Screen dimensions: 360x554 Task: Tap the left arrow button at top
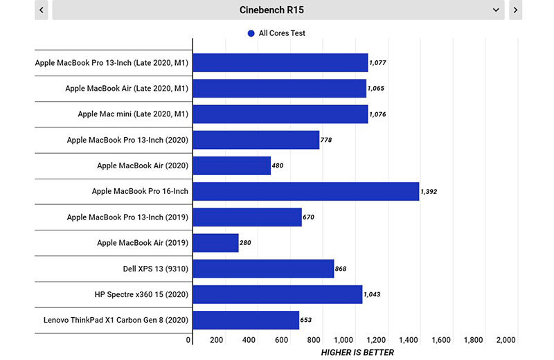(42, 10)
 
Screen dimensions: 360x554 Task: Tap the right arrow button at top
(515, 10)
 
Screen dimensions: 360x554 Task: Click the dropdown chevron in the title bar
(496, 10)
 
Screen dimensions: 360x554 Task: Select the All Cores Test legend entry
(276, 33)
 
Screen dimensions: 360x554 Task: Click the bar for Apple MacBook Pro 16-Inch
(306, 191)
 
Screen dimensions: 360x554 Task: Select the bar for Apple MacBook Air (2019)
(215, 243)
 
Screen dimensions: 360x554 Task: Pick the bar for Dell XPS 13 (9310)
(263, 269)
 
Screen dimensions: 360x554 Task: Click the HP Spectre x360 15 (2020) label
(141, 294)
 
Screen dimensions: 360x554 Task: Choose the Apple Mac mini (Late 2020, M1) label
(133, 114)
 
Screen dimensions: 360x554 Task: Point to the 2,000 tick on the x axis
(506, 340)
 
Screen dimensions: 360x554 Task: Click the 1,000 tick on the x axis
(344, 340)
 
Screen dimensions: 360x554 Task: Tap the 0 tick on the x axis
(189, 340)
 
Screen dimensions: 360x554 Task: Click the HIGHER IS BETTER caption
(357, 352)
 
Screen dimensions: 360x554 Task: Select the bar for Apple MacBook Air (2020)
(231, 166)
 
